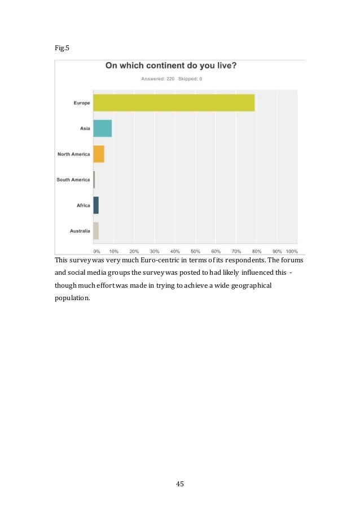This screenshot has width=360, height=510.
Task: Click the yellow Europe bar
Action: pos(174,103)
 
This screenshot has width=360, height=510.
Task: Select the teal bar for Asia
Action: pos(102,129)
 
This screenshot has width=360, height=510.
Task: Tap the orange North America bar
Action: pos(98,154)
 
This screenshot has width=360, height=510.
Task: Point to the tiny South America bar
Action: pos(94,179)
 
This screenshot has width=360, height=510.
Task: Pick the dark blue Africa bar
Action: pos(96,205)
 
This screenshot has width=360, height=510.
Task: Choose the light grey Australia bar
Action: pos(96,231)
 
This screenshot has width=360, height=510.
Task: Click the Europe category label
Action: pos(82,103)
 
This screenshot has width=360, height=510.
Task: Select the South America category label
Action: pos(73,179)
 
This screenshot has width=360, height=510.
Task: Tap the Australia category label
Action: pos(80,231)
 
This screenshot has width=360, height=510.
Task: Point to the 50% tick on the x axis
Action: pos(195,251)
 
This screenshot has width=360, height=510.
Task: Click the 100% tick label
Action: pos(291,251)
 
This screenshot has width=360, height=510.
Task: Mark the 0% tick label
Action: pos(96,251)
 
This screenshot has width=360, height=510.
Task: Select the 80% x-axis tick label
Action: pos(257,251)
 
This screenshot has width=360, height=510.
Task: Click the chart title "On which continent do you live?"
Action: pos(171,66)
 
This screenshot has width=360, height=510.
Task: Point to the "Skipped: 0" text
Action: pos(190,78)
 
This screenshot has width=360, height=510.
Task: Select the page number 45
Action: pos(180,483)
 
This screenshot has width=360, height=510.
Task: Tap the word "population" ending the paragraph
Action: pos(72,298)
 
